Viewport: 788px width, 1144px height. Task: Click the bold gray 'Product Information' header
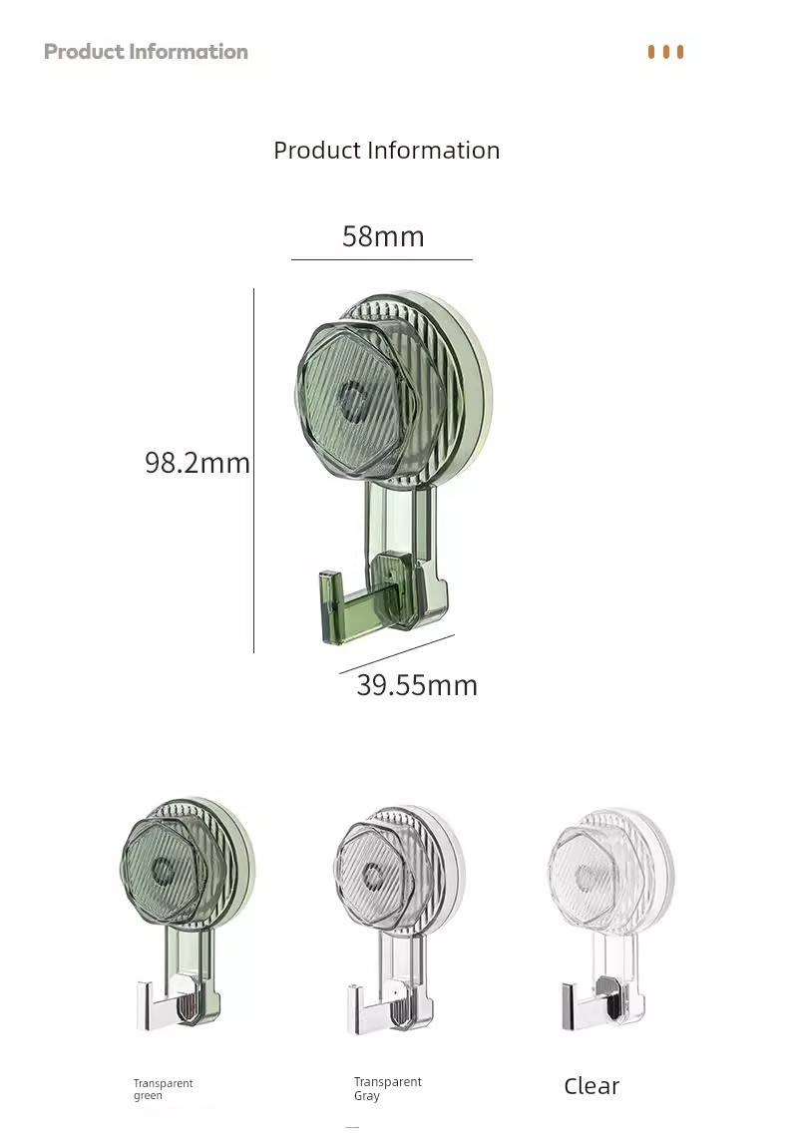pos(146,51)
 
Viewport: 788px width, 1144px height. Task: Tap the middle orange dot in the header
pos(665,52)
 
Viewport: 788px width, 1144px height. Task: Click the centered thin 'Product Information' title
pos(387,151)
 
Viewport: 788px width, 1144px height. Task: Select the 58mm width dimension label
pos(383,236)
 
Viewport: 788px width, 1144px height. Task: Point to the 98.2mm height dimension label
pos(197,463)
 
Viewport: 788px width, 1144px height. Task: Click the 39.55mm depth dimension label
pos(417,685)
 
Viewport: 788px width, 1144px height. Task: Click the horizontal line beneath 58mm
pos(382,259)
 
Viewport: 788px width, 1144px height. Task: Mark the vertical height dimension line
pos(254,471)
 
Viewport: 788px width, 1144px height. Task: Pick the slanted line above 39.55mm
pos(397,654)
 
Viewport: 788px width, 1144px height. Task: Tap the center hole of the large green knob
pos(352,402)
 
